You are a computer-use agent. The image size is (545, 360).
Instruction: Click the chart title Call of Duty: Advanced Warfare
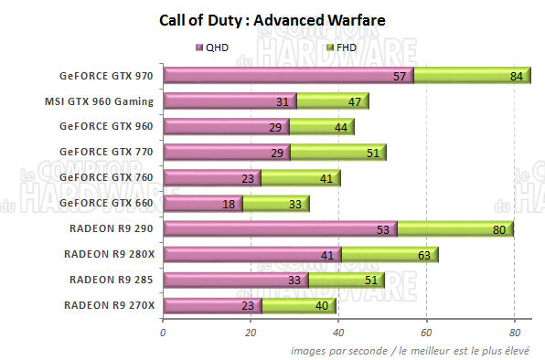(272, 18)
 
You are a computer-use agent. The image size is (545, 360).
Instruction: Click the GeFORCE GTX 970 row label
(106, 76)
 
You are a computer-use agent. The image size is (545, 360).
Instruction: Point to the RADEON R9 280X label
(110, 253)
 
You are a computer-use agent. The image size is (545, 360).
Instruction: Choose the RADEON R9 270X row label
(110, 304)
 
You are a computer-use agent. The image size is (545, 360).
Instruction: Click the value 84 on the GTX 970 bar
(517, 76)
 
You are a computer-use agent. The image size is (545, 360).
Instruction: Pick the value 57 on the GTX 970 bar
(400, 76)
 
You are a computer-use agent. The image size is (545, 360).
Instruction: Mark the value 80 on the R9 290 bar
(499, 229)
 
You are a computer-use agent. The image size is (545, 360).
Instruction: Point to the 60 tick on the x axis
(427, 333)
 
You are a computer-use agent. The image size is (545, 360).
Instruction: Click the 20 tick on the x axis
(251, 333)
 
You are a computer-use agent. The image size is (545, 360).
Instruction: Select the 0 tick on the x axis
(163, 333)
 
